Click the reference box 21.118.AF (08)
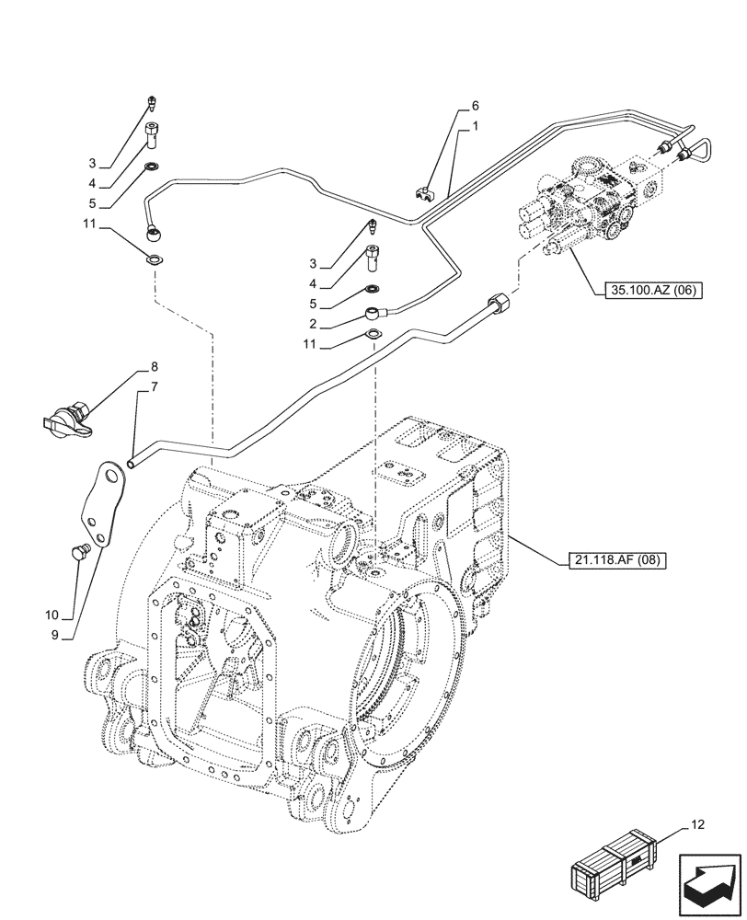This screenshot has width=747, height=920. (611, 559)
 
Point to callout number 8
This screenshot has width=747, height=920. (142, 366)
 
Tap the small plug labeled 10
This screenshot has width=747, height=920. (75, 551)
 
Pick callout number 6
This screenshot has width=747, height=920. (476, 106)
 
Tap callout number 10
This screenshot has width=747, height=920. (52, 615)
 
